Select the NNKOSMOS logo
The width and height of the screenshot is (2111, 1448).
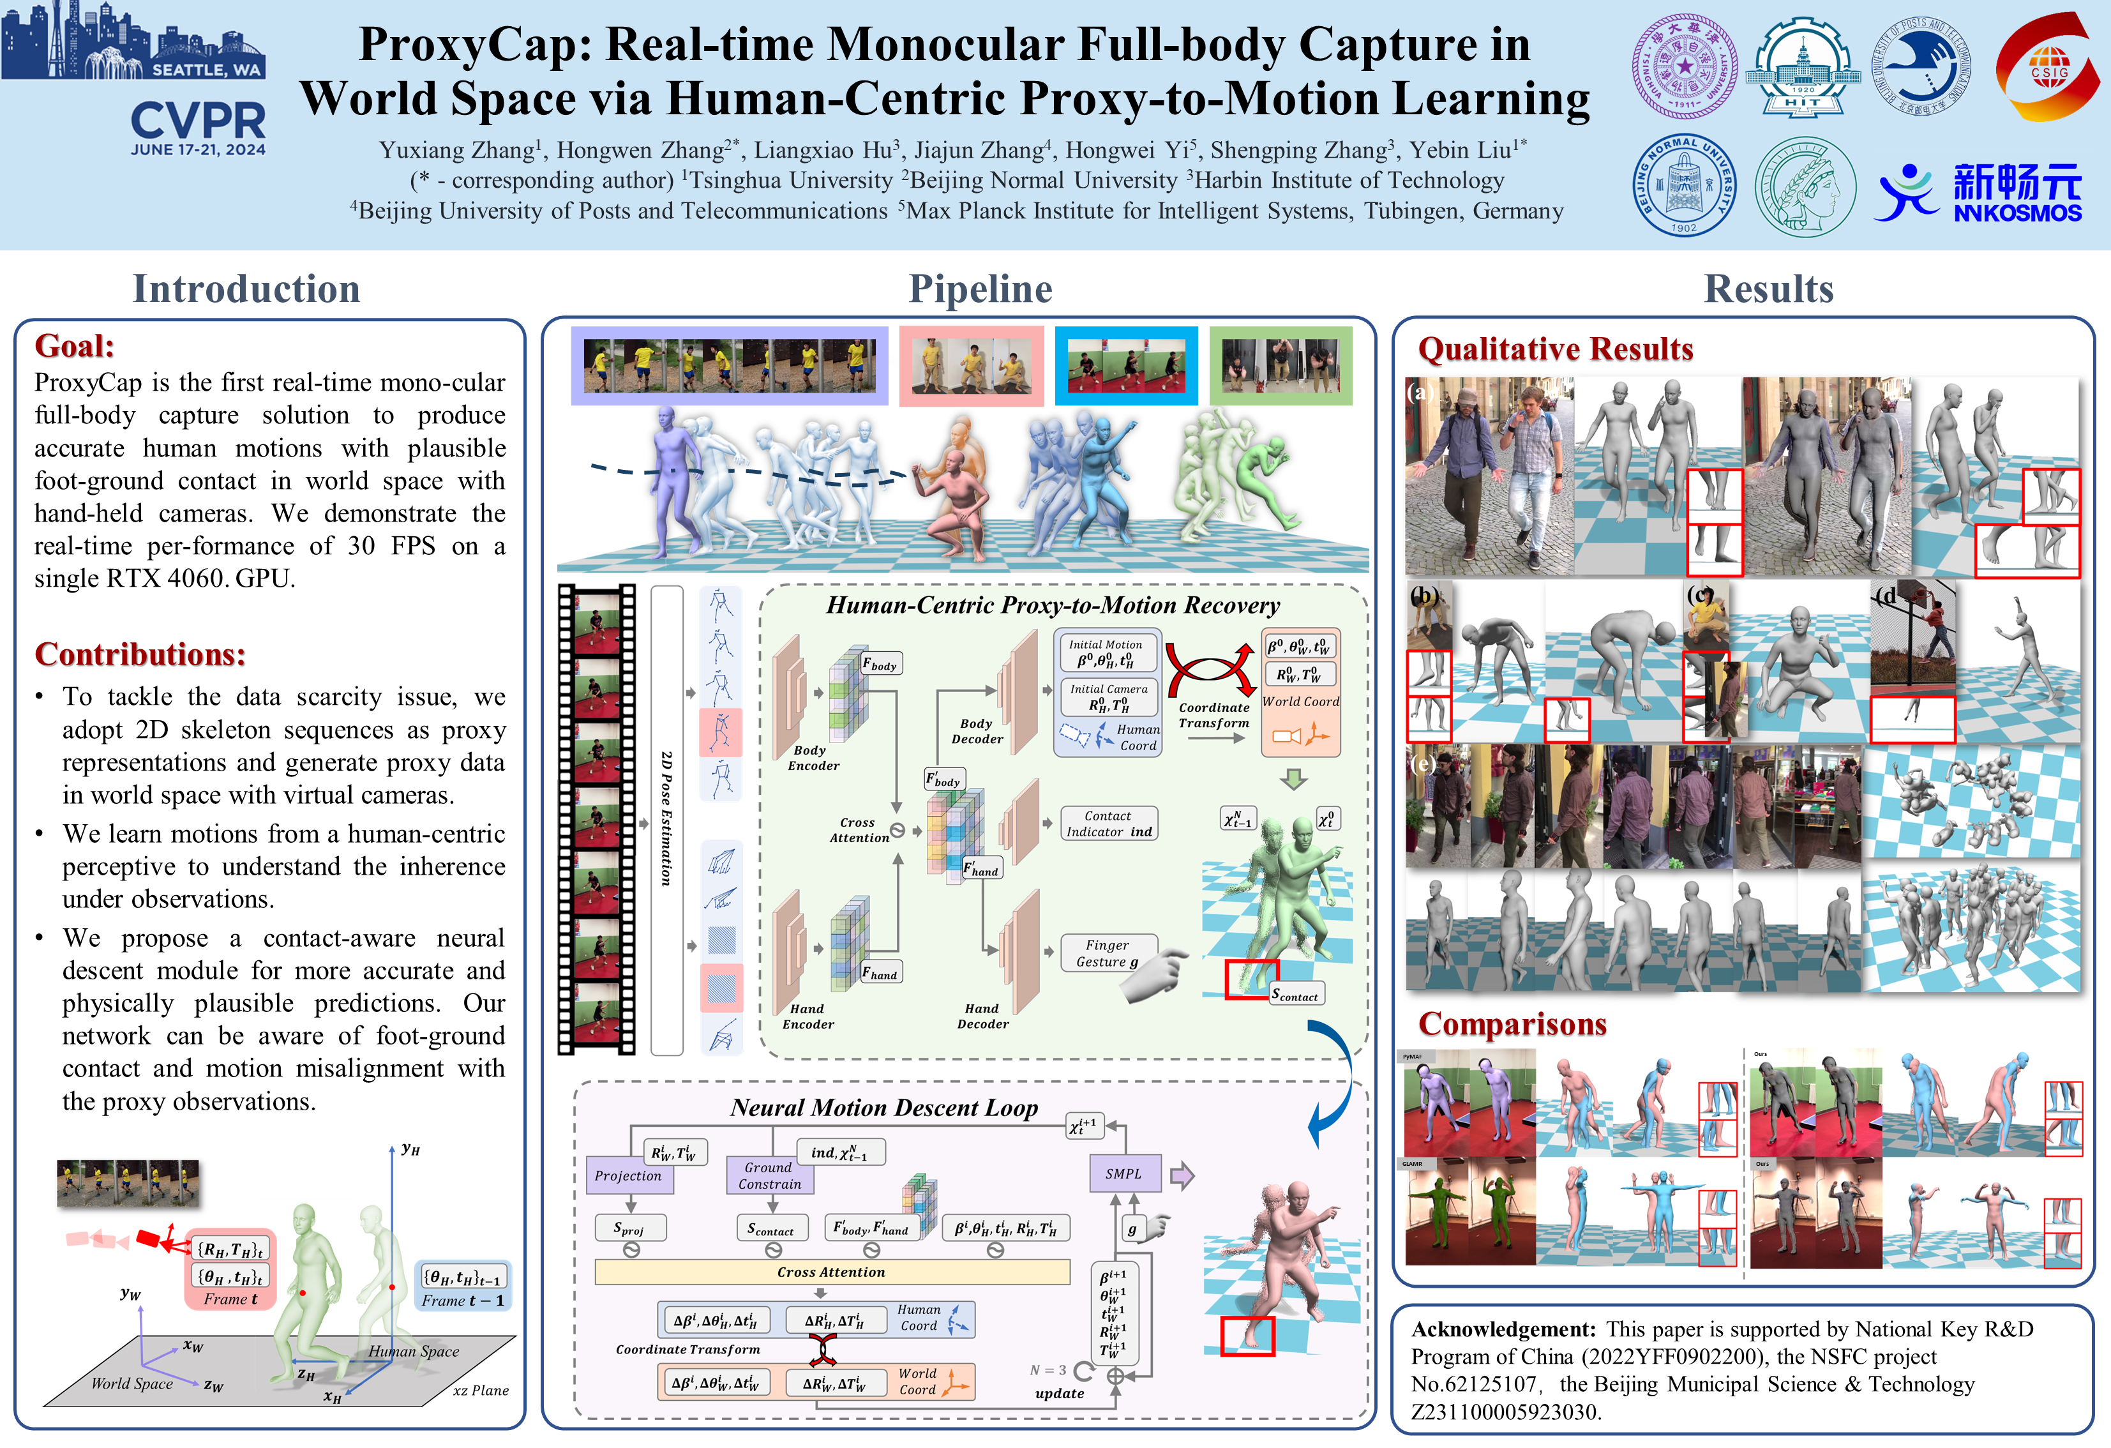pos(1980,193)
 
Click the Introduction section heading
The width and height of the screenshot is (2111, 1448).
pos(246,289)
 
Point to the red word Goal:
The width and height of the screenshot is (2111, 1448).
pos(75,346)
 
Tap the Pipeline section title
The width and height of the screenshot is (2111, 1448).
pos(980,289)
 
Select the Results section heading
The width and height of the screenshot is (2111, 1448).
pos(1768,289)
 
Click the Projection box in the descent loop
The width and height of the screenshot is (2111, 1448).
pos(627,1175)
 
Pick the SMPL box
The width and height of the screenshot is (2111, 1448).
pos(1123,1173)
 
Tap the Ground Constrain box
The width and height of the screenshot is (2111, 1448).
pos(769,1175)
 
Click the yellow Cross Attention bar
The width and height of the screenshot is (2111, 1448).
pos(831,1272)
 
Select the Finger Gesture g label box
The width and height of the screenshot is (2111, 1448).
pos(1108,953)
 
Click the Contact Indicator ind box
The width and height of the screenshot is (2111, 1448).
pos(1109,823)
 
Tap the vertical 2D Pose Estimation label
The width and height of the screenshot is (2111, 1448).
pos(666,818)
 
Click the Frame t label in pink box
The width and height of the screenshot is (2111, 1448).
pos(230,1299)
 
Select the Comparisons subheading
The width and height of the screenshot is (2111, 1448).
pos(1512,1024)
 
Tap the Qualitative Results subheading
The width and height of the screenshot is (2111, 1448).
pos(1555,349)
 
